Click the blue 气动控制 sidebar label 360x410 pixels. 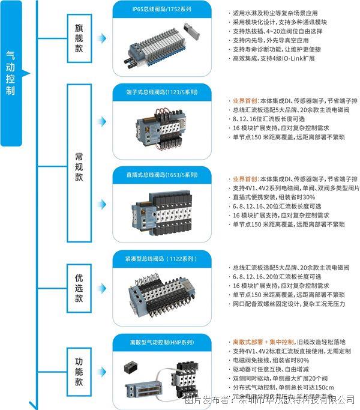coord(10,73)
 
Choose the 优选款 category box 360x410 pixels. coord(79,289)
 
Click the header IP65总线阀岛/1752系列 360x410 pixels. coord(162,8)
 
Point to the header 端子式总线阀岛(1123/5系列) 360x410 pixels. coord(162,92)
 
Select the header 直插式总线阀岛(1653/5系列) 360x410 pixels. coord(162,175)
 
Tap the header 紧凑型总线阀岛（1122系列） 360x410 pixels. coord(162,258)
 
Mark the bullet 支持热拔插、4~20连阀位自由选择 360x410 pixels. coord(282,31)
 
